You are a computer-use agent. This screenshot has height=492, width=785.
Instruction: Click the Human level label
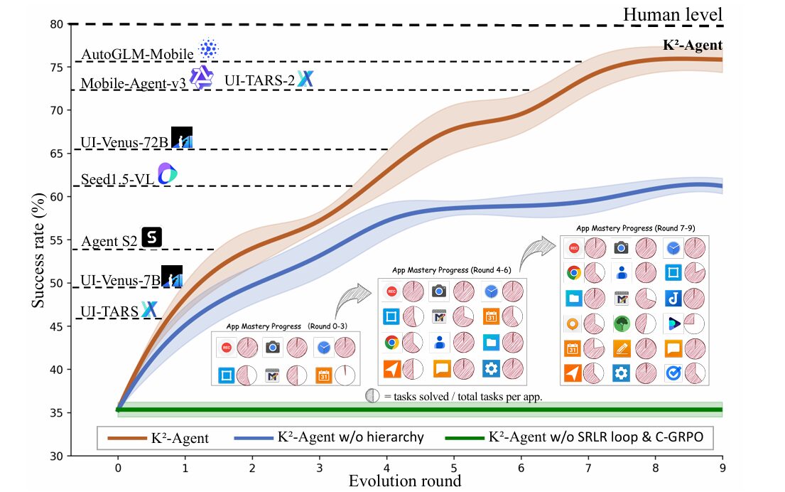(672, 14)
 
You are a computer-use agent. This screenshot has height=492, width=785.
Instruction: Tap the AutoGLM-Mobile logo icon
(208, 49)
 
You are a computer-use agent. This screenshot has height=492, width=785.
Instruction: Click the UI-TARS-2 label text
(259, 80)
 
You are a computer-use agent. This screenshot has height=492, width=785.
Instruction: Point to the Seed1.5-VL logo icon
(167, 173)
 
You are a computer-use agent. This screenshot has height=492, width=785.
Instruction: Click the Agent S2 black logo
(152, 237)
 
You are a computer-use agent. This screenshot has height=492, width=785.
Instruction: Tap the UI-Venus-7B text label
(121, 280)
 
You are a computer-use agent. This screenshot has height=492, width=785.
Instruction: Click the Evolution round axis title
(404, 481)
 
